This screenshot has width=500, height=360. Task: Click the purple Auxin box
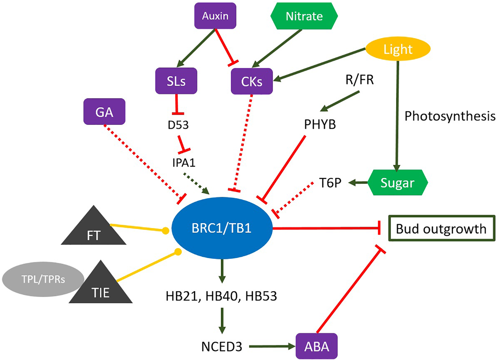(215, 16)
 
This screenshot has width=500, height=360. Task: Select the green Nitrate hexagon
(304, 16)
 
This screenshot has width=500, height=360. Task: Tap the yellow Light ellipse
(398, 49)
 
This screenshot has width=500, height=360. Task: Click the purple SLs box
(176, 81)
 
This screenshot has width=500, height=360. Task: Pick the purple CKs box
(252, 81)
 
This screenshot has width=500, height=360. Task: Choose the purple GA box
(104, 112)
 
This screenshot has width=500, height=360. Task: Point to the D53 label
(178, 125)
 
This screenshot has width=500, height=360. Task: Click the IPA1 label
(184, 163)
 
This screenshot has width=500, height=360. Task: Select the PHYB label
(320, 125)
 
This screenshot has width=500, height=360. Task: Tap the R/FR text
(359, 80)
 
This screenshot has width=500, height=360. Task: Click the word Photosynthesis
(450, 116)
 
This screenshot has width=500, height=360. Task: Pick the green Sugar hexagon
(397, 183)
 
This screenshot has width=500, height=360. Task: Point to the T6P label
(330, 183)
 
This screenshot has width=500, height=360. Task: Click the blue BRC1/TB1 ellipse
(222, 228)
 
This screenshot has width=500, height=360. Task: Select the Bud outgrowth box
(441, 229)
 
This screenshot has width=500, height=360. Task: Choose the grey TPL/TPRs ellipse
(39, 279)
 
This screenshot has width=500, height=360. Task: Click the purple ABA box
(316, 346)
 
